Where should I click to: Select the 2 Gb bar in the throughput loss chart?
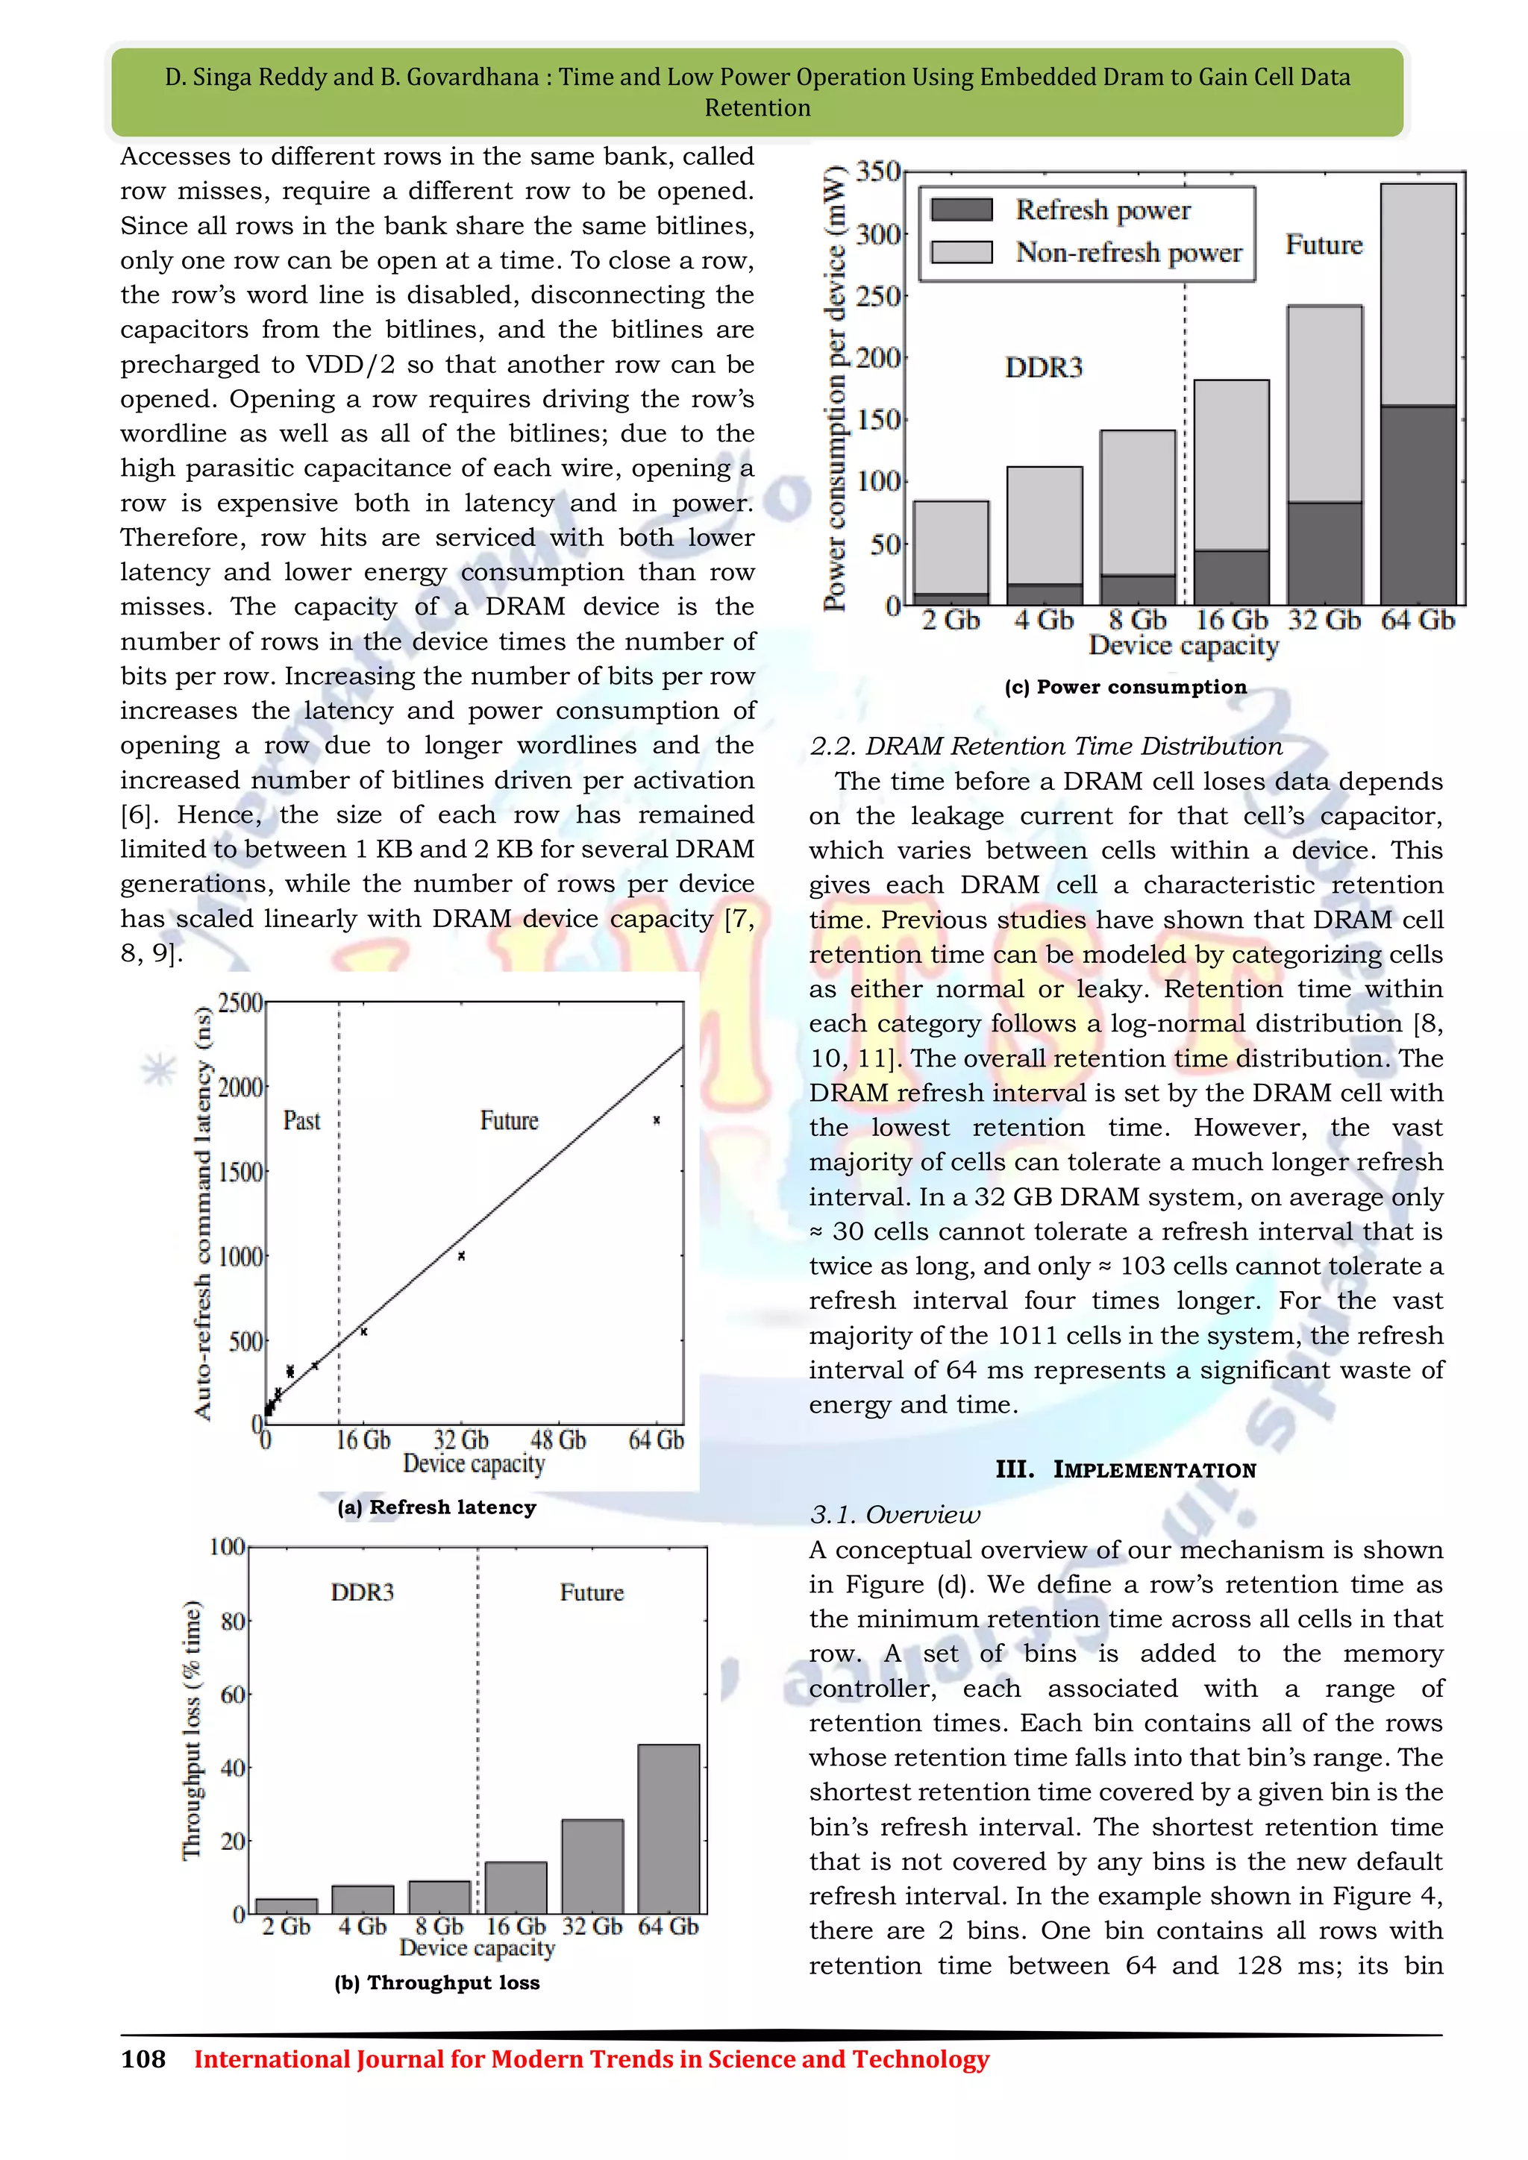(x=286, y=1906)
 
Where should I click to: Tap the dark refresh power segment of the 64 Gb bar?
(x=1418, y=504)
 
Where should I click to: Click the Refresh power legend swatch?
(x=961, y=209)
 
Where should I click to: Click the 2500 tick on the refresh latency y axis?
(x=240, y=1003)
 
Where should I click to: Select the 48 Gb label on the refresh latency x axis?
(x=557, y=1440)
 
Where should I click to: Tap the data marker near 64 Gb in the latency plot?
(x=657, y=1120)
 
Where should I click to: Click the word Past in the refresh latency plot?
(x=301, y=1120)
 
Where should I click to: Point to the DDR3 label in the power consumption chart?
(x=1044, y=367)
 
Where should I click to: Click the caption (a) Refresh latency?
(x=436, y=1507)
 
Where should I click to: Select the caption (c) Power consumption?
(x=1125, y=687)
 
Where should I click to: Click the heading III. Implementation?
(x=1125, y=1469)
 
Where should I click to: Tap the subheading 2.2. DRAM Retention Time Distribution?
(x=1045, y=746)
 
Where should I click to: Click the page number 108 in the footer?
(x=143, y=2059)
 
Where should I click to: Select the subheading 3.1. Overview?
(x=894, y=1515)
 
